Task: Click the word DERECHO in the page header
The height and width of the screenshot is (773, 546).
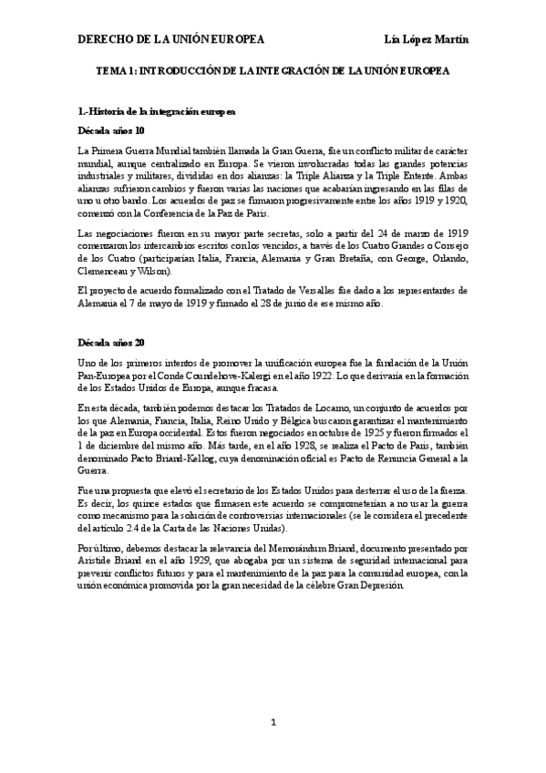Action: pyautogui.click(x=105, y=39)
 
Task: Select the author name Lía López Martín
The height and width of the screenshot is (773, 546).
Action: pyautogui.click(x=428, y=39)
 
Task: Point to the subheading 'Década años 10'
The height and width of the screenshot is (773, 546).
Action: pyautogui.click(x=111, y=130)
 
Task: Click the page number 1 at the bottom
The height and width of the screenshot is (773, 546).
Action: pyautogui.click(x=273, y=723)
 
